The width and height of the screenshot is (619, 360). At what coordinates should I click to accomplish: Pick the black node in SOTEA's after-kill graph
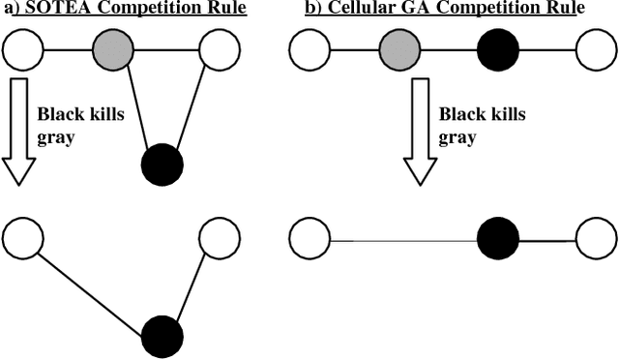[162, 337]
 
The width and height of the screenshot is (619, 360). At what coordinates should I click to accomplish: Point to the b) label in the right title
[308, 10]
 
